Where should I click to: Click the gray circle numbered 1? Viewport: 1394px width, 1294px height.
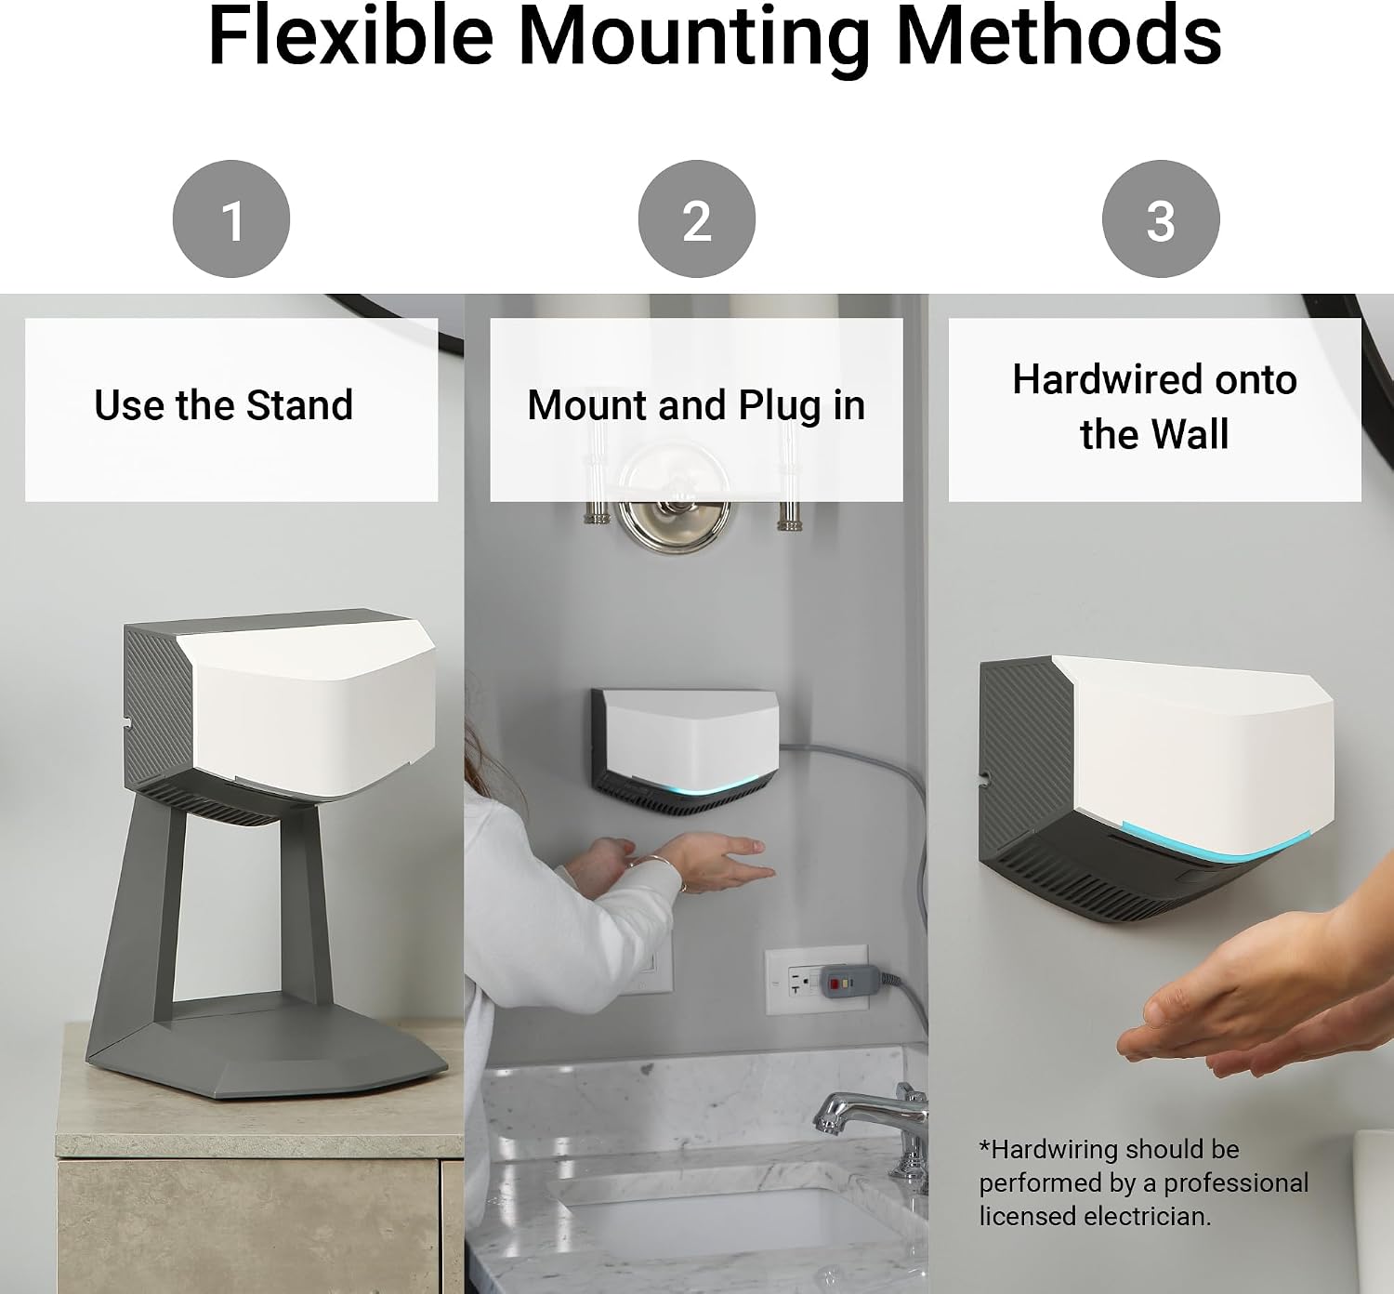click(x=230, y=219)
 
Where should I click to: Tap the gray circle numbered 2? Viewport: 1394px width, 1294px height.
click(x=696, y=219)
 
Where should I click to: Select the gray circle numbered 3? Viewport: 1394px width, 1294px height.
click(x=1161, y=219)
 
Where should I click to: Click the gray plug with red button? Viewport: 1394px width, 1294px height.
click(x=850, y=982)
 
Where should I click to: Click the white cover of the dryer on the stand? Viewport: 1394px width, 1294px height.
click(x=309, y=709)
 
